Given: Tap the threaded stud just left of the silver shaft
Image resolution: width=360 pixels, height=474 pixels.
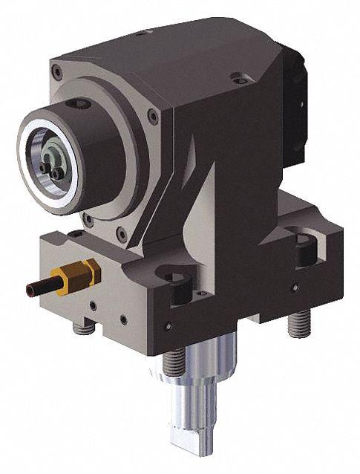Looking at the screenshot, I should coord(173,362).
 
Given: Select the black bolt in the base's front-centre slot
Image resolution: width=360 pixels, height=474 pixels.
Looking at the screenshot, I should coord(180,285).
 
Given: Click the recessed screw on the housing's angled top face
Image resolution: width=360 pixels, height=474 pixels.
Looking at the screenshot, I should coord(236,75).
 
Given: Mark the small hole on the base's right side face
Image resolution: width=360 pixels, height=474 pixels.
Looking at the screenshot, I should coord(295,287).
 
